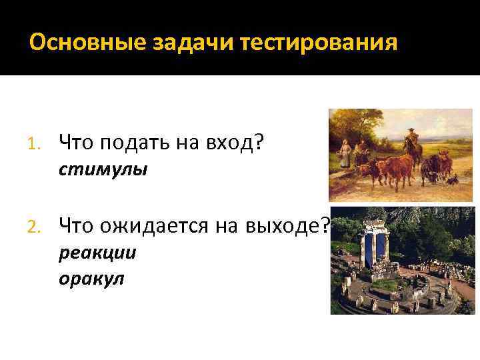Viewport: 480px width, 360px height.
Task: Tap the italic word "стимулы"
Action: [103, 170]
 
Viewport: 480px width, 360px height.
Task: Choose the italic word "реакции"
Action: [97, 253]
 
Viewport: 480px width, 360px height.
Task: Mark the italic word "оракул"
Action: [91, 279]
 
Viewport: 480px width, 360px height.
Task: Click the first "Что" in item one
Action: [74, 142]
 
